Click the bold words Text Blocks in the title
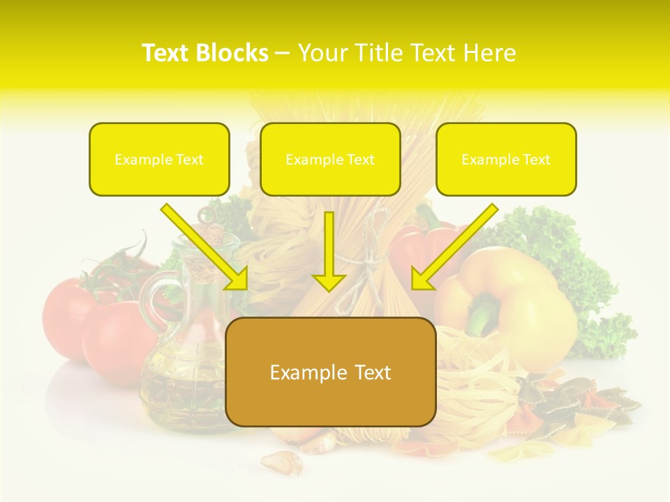(204, 53)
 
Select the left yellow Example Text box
(159, 159)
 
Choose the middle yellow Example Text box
(330, 159)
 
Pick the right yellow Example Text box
(506, 159)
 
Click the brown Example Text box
(330, 372)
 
